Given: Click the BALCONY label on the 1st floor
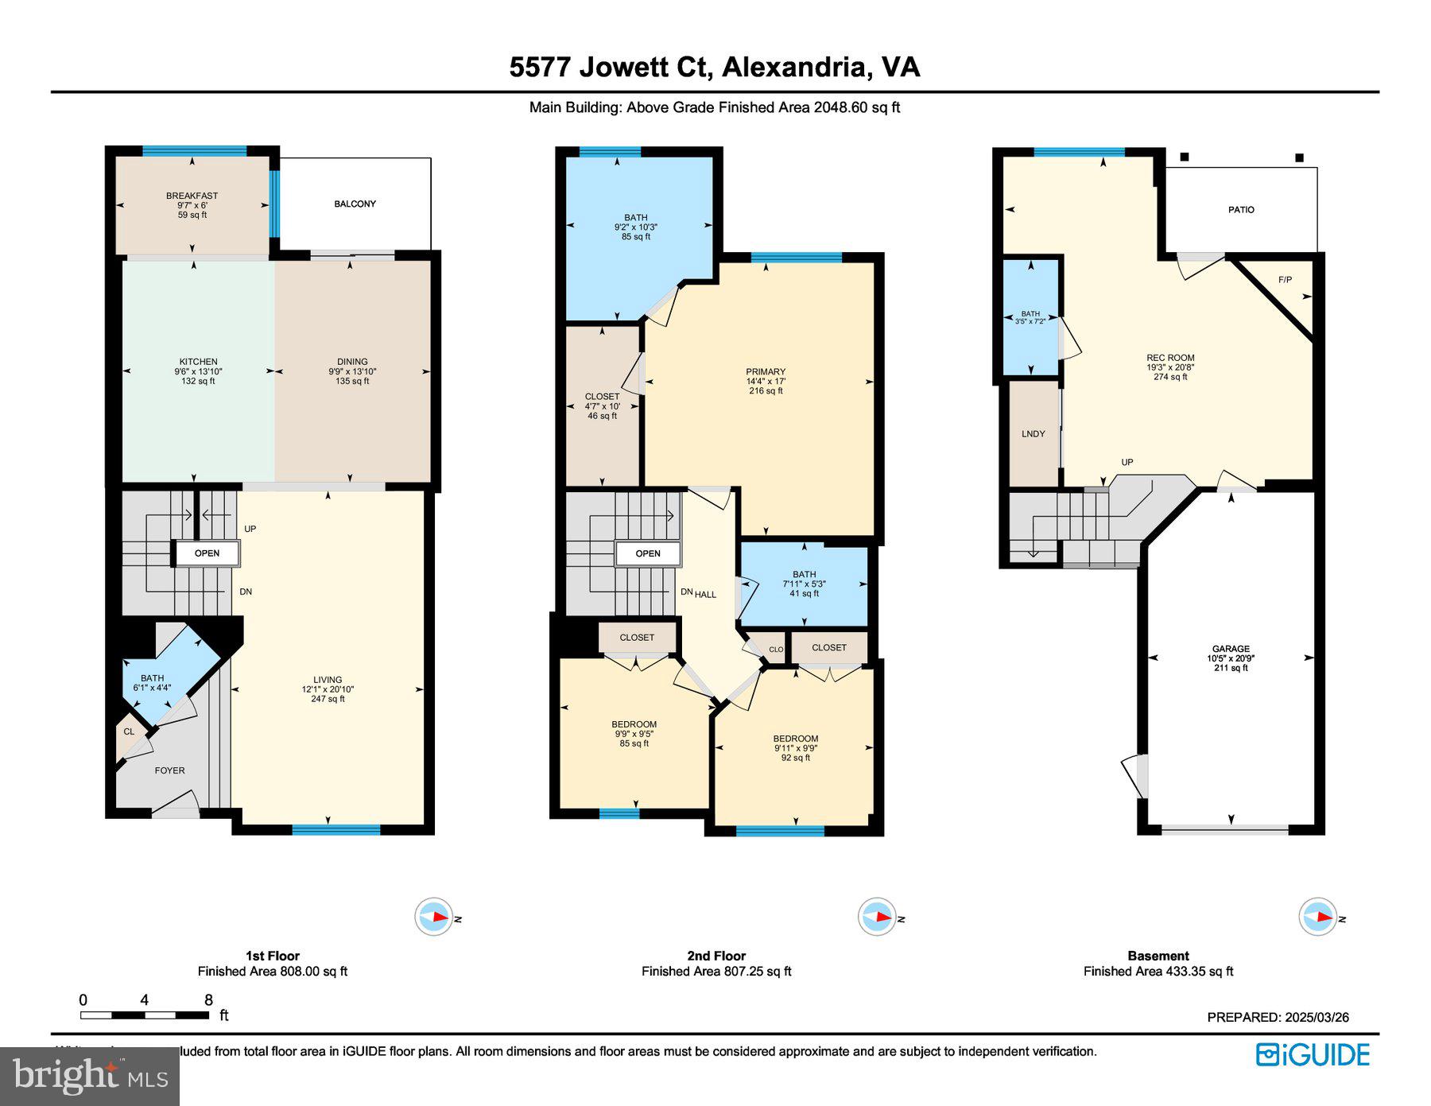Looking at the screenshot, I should [355, 204].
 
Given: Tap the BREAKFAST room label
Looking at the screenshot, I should [192, 196].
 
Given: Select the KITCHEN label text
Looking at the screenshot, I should [198, 362].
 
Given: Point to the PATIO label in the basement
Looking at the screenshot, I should [1241, 210].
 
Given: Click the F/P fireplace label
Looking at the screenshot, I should [1285, 280].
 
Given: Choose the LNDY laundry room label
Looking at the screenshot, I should [1033, 434].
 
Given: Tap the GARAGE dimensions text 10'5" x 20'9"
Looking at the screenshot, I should [1231, 658].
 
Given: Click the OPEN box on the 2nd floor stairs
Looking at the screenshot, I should [648, 553].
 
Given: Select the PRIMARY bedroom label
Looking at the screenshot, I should [766, 372].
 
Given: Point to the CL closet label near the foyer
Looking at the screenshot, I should [129, 732].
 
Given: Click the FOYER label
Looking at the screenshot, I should [169, 770].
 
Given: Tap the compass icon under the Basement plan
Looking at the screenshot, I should [1317, 917].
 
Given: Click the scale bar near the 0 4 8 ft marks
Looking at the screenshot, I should [144, 1015].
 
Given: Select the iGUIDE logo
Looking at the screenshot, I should [1313, 1055].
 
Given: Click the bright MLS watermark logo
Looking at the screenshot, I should [90, 1077].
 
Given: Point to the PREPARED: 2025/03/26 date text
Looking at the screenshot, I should [1278, 1017].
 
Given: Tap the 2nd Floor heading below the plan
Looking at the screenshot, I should [716, 956].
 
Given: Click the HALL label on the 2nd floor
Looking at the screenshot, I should [706, 594].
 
